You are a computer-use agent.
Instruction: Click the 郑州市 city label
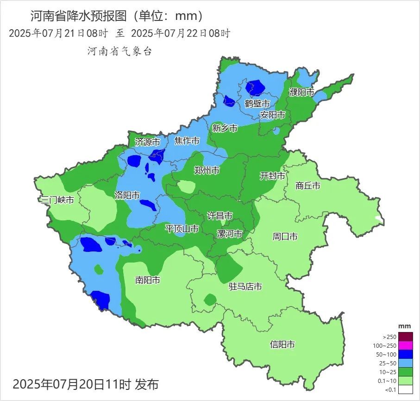pyautogui.click(x=207, y=170)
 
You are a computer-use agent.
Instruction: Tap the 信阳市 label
pyautogui.click(x=282, y=345)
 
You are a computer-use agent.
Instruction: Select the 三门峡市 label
pyautogui.click(x=57, y=200)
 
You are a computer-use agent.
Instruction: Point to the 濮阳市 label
pyautogui.click(x=302, y=92)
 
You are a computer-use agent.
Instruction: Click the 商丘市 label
pyautogui.click(x=308, y=186)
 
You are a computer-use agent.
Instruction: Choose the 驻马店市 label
pyautogui.click(x=245, y=287)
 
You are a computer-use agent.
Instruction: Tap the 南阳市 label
pyautogui.click(x=148, y=280)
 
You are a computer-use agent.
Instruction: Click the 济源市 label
pyautogui.click(x=147, y=142)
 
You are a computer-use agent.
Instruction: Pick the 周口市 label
pyautogui.click(x=285, y=237)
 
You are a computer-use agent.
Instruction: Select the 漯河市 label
pyautogui.click(x=230, y=234)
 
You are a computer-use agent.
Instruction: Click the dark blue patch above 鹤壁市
pyautogui.click(x=255, y=87)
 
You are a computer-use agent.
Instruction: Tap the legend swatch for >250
pyautogui.click(x=406, y=337)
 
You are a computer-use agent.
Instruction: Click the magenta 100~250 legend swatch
pyautogui.click(x=406, y=345)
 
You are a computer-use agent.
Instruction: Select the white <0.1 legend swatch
pyautogui.click(x=406, y=389)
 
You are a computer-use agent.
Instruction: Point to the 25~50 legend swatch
pyautogui.click(x=406, y=363)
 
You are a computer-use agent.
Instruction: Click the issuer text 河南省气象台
pyautogui.click(x=120, y=51)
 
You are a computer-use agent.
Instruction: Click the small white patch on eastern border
pyautogui.click(x=379, y=219)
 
